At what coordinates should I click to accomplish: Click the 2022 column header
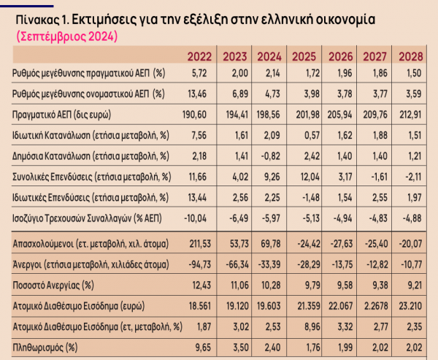coord(199,55)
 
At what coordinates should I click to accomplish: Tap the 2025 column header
coord(304,55)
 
